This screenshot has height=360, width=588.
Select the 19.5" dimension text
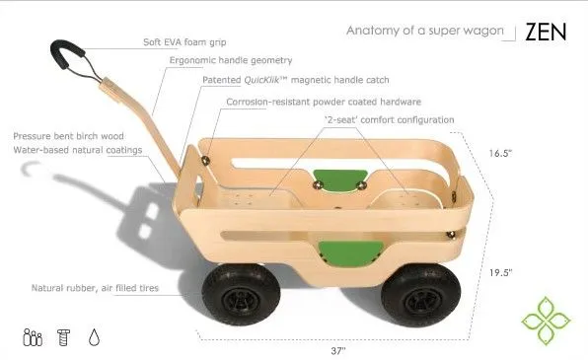click(x=503, y=271)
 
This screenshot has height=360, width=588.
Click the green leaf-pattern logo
click(x=547, y=314)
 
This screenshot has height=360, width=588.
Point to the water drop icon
click(x=95, y=336)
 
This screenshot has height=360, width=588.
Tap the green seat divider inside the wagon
click(x=336, y=180)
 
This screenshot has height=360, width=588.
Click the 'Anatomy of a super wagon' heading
click(x=423, y=32)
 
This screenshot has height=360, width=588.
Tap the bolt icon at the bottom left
click(x=61, y=336)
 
